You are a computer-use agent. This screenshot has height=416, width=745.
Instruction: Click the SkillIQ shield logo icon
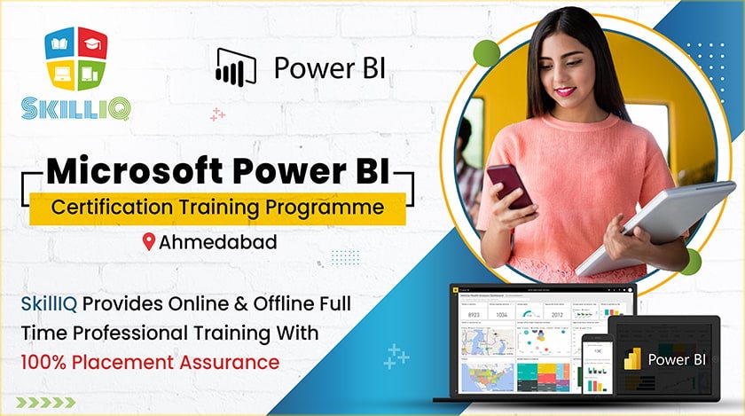(x=75, y=60)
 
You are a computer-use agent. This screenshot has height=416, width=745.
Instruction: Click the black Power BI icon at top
(x=235, y=67)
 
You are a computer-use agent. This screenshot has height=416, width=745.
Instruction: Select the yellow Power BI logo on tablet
(x=632, y=359)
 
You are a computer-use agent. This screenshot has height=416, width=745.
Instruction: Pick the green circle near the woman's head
(x=486, y=52)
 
